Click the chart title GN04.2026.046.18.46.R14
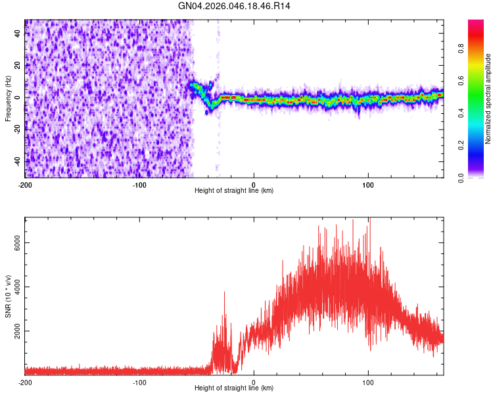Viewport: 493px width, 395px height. (235, 7)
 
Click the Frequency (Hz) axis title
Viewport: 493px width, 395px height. (8, 99)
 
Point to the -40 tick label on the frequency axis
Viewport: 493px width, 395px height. (17, 161)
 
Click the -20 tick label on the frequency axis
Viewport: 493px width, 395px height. (17, 130)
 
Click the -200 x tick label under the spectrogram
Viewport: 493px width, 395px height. (25, 184)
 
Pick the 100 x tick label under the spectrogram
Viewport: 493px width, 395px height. (368, 184)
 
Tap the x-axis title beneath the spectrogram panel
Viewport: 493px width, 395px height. (234, 191)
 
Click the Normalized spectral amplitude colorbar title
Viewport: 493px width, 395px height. (488, 99)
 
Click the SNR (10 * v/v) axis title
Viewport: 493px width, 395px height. (8, 296)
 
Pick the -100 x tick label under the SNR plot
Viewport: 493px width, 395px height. (139, 382)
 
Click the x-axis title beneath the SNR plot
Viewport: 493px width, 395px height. (234, 388)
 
